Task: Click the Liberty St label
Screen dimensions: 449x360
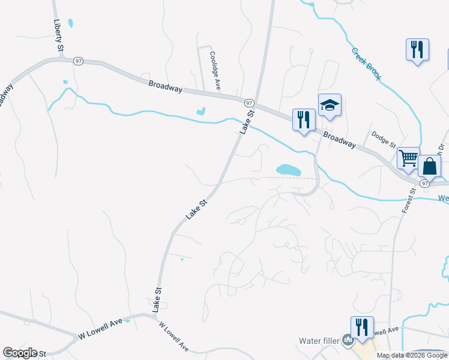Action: [58, 34]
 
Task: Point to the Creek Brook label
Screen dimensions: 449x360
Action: [366, 64]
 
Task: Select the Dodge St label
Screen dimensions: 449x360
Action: [384, 140]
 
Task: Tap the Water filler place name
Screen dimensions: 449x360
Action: [319, 341]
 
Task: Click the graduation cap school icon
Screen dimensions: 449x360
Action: [330, 106]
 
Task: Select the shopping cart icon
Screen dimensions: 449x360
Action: [408, 158]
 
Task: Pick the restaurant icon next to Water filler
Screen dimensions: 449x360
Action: [362, 327]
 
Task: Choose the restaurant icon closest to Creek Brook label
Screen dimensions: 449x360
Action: [417, 49]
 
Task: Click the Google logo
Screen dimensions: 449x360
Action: [19, 353]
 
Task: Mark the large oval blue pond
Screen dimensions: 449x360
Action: [288, 170]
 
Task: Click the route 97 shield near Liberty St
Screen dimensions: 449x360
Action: [78, 61]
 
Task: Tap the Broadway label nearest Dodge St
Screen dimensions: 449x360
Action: [339, 141]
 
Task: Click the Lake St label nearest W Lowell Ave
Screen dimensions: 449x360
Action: [158, 298]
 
